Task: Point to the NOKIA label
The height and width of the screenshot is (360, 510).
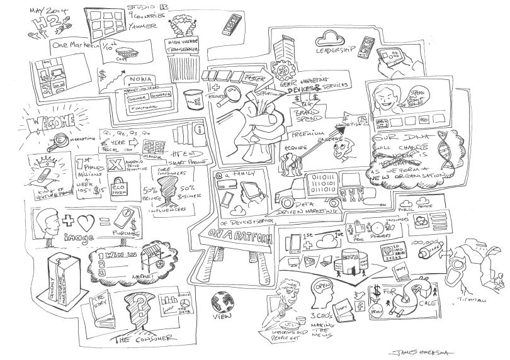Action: click(141, 80)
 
